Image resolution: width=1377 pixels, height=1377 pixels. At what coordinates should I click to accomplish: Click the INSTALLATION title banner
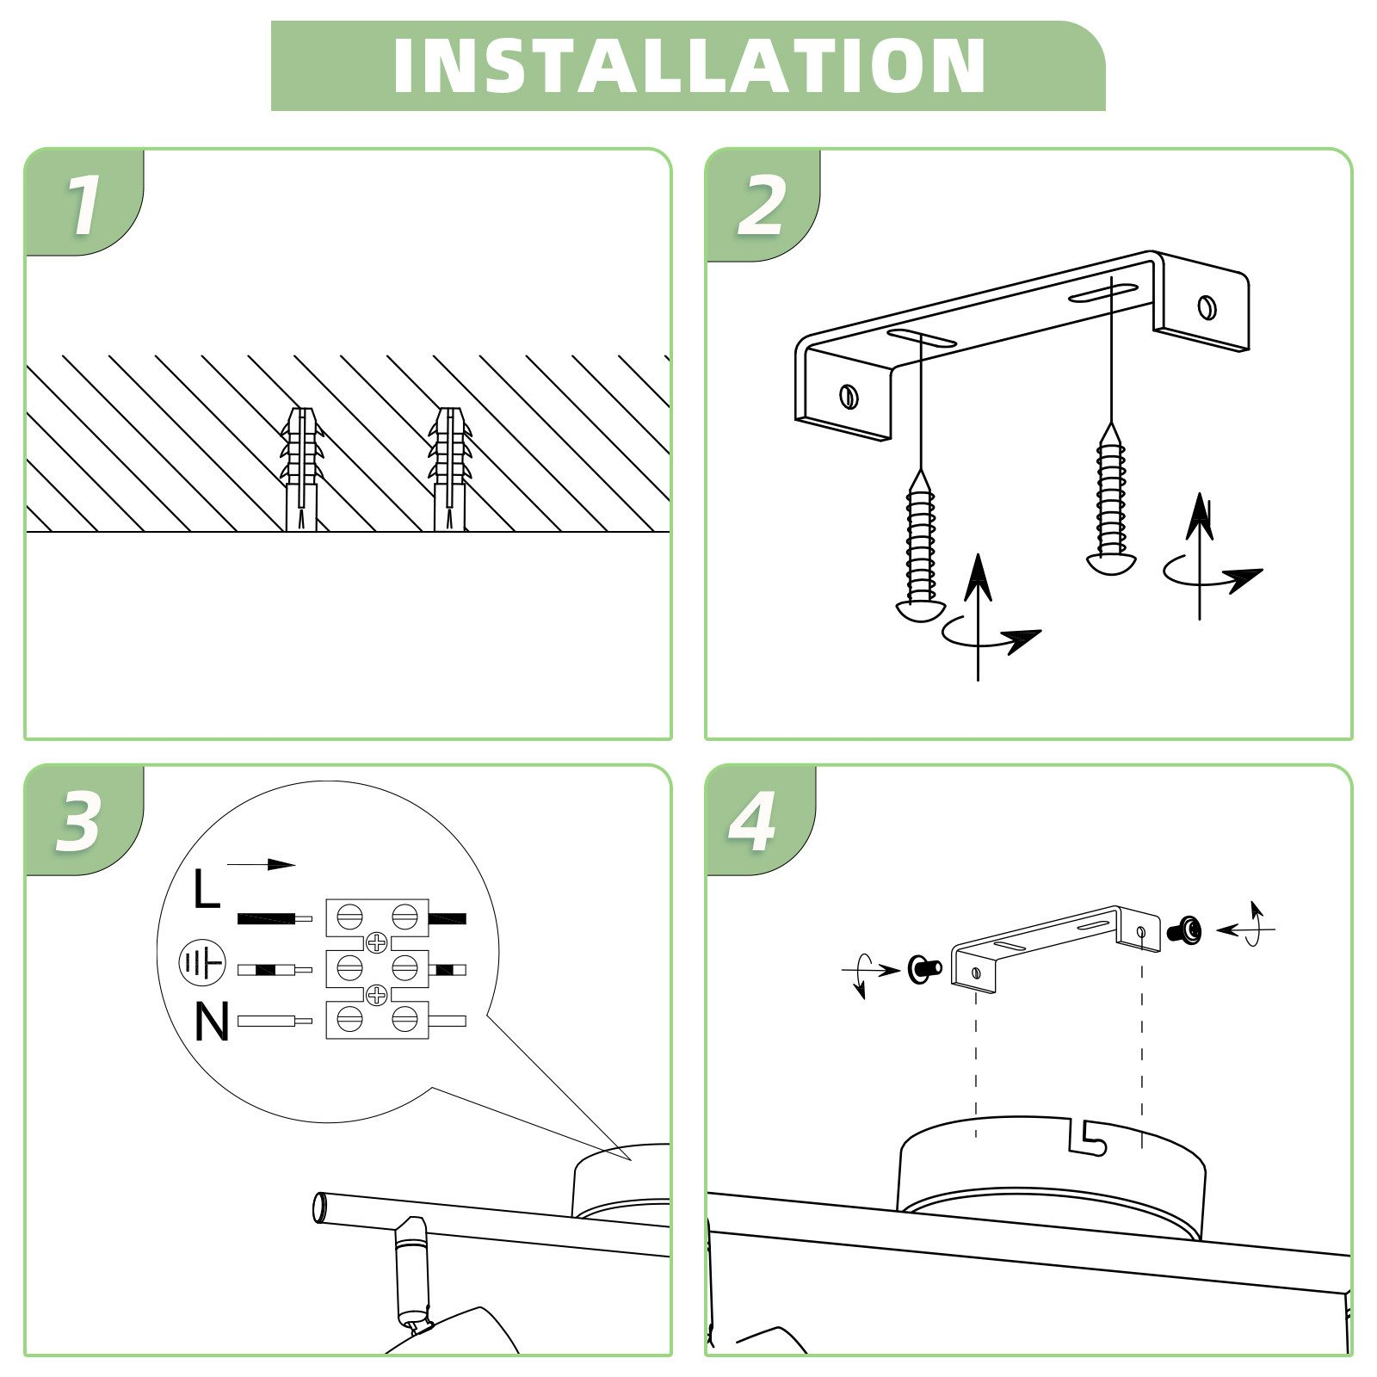click(x=688, y=65)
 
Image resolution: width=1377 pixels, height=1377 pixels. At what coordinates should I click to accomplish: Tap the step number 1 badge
click(x=84, y=203)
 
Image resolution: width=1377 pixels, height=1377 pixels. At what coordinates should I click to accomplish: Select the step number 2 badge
click(x=763, y=206)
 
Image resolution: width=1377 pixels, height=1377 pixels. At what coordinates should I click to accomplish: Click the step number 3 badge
click(x=81, y=820)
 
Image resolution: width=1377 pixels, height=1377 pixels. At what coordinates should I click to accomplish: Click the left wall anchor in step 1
click(x=301, y=469)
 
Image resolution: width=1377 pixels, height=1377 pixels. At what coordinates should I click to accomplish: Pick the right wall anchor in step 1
click(x=450, y=469)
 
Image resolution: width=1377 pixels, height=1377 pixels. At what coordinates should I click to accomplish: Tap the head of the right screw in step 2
click(x=1111, y=564)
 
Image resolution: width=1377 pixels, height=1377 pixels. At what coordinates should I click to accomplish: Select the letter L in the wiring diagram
click(x=207, y=889)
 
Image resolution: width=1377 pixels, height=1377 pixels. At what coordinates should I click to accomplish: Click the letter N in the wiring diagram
click(x=212, y=1022)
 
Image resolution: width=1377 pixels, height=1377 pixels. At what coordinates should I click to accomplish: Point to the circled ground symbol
click(x=201, y=964)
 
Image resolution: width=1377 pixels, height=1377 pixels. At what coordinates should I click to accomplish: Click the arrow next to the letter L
click(x=261, y=864)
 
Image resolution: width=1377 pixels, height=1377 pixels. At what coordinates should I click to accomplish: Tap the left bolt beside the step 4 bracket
click(x=924, y=969)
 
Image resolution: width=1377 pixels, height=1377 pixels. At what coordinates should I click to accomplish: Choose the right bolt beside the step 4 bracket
click(x=1185, y=929)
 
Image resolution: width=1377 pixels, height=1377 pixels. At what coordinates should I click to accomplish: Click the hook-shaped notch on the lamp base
click(x=1088, y=1137)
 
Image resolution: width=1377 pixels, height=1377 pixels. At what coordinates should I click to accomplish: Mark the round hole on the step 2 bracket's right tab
click(x=1207, y=306)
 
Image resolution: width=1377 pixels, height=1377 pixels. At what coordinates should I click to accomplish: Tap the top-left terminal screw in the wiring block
click(x=349, y=917)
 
